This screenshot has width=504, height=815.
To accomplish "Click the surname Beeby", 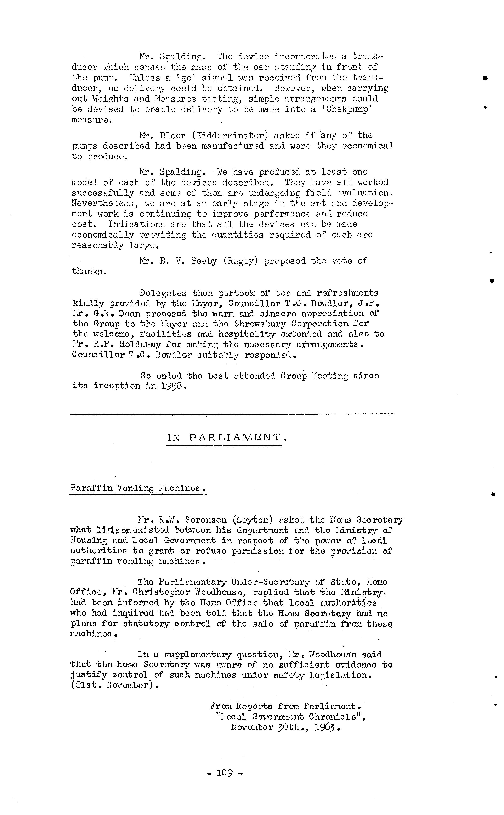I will pos(204,261).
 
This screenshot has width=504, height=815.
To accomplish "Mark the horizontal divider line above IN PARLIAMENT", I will pos(231,414).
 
